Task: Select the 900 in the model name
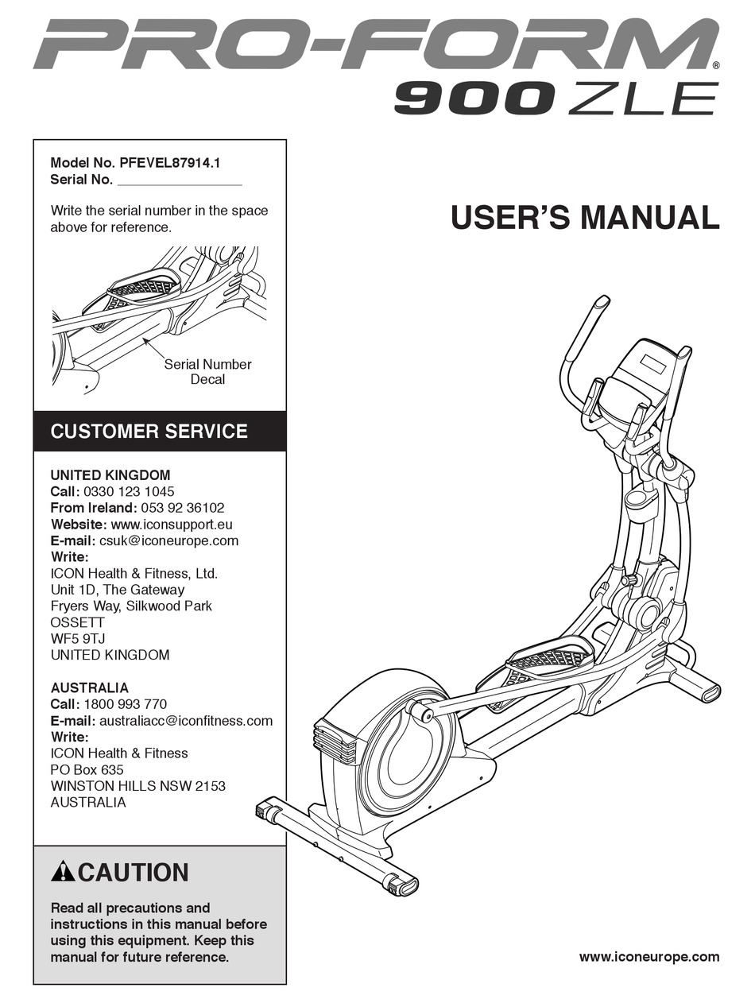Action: point(474,99)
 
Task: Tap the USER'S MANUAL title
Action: point(585,218)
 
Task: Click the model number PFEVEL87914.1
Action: point(169,162)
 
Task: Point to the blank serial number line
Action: point(179,180)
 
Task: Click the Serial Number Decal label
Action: point(207,372)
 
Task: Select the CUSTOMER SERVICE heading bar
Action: point(159,432)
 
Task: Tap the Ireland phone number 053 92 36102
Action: point(182,508)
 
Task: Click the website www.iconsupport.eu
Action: point(172,525)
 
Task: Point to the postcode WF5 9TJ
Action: point(79,639)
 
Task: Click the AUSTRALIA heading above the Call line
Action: point(89,687)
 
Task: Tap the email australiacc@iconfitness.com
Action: point(186,721)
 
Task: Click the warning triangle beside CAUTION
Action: point(63,873)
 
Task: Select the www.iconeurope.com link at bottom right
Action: point(649,957)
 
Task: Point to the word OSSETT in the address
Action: point(77,622)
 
